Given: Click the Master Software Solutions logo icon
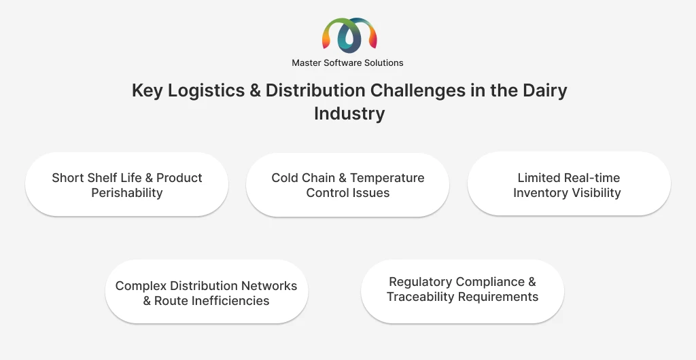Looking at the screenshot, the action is coord(349,35).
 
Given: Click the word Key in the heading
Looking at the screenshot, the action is coord(147,91).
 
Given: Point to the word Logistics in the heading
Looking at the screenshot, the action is coord(206,91).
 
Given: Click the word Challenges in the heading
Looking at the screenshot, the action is coord(418,90).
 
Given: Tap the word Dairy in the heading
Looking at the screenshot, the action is coord(544,91).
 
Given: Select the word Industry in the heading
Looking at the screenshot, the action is coord(349,113).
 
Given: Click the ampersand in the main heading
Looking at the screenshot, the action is coord(255,90).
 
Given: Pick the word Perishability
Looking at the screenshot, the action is coord(127,193).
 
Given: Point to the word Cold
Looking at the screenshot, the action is coord(285,178).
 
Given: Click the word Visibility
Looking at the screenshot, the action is coord(595,193).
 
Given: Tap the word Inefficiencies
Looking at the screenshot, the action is coord(212,301).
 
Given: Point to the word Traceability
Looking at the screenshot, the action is coord(421,297).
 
